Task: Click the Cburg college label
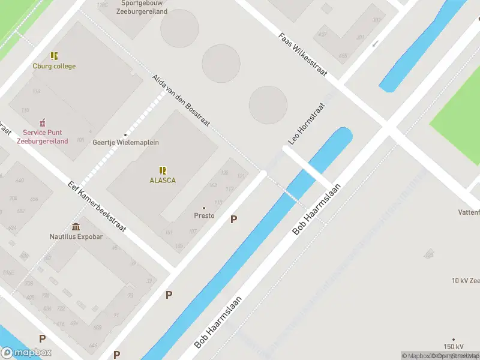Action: point(54,66)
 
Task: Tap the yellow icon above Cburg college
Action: point(54,56)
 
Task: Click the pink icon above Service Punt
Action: point(43,122)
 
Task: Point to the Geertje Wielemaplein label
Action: point(125,142)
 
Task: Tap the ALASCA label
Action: point(163,180)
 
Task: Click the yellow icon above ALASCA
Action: point(163,170)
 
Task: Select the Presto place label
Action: point(204,215)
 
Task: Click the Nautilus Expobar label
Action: point(76,236)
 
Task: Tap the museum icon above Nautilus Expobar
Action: point(76,226)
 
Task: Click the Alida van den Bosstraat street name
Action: point(181,100)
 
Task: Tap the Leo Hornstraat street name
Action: point(307,124)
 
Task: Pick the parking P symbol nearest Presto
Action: point(233,220)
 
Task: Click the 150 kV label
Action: point(454,347)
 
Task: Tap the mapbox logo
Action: point(26,353)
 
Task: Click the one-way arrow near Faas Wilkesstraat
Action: point(376,43)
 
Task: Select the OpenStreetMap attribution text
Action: point(455,356)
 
